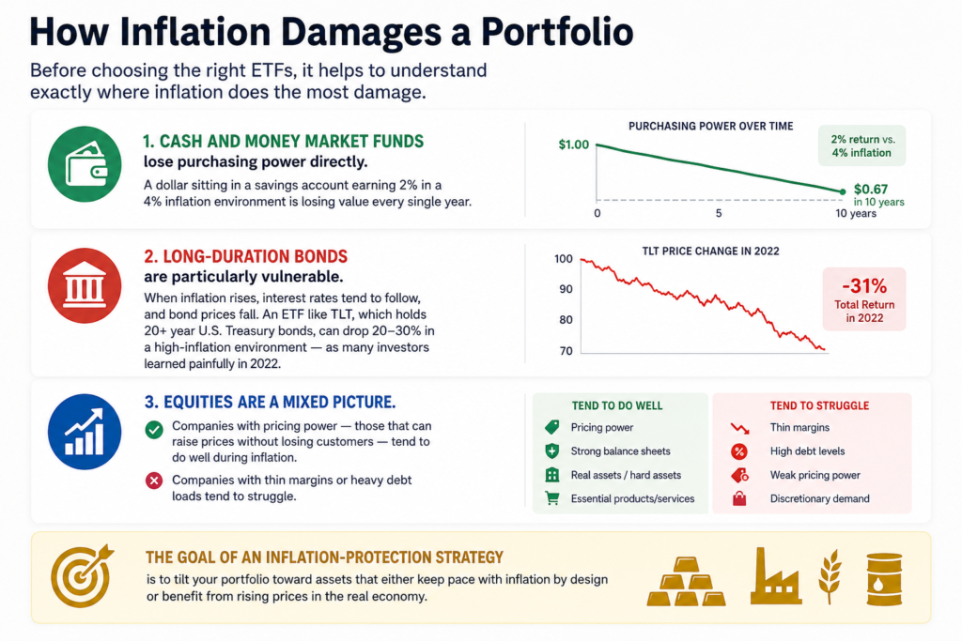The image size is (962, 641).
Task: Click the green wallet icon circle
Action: [x=85, y=164]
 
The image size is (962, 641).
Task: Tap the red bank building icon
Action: [x=85, y=285]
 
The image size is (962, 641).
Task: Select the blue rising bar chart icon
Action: [x=85, y=432]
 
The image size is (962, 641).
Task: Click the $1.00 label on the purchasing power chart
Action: [x=574, y=145]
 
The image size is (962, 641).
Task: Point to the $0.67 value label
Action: [x=871, y=190]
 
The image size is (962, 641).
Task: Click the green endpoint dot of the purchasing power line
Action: [x=843, y=191]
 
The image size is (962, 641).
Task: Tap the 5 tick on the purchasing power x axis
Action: [x=719, y=213]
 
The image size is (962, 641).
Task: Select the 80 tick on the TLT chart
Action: [x=566, y=320]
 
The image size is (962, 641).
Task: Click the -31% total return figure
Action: [x=864, y=285]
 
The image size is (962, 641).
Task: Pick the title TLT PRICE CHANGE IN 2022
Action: [x=710, y=252]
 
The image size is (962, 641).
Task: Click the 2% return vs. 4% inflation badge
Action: [x=862, y=145]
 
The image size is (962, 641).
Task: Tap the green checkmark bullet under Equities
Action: [x=154, y=430]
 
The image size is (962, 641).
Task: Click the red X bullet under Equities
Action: [x=154, y=481]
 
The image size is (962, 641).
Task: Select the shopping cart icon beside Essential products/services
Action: [x=552, y=498]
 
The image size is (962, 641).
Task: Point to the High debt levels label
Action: [x=807, y=451]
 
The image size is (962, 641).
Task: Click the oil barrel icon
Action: [x=884, y=579]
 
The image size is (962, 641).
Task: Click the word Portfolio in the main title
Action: [x=557, y=32]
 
